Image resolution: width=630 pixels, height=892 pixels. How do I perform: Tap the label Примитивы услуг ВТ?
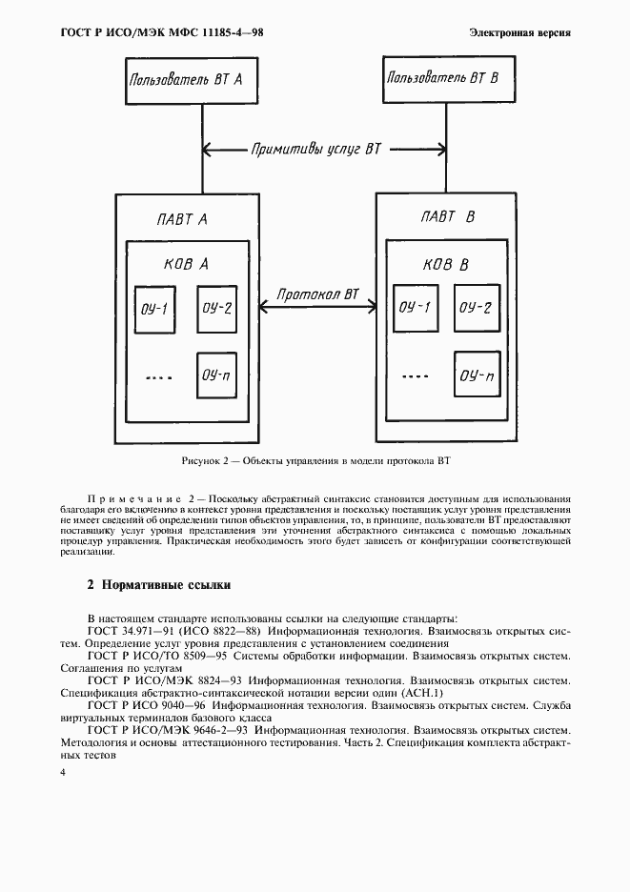click(315, 149)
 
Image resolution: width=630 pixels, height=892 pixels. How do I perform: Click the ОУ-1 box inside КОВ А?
click(154, 309)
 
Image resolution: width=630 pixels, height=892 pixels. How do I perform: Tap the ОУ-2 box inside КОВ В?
click(475, 307)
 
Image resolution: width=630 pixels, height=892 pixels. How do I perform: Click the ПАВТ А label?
click(182, 219)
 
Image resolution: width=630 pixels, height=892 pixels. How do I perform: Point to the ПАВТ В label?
click(447, 217)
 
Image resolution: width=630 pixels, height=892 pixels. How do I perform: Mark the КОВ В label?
click(444, 264)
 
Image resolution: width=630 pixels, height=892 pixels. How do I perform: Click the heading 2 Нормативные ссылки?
click(159, 584)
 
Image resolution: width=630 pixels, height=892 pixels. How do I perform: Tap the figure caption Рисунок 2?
click(315, 461)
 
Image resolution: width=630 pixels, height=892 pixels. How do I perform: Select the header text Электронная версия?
click(519, 32)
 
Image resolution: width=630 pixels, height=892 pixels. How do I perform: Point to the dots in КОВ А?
click(159, 377)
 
